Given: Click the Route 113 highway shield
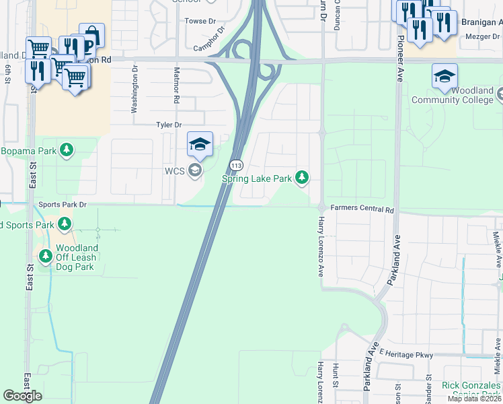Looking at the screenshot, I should coord(235,165).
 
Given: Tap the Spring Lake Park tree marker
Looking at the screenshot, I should coord(303,178).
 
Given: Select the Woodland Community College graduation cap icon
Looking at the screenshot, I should coord(444,76).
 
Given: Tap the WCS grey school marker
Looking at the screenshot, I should coord(194,170).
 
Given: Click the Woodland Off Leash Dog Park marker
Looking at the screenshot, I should coord(46,256).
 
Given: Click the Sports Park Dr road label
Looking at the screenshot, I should coord(63,204).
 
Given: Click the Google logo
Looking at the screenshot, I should coord(22,396).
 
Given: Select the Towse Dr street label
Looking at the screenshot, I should coord(200,22).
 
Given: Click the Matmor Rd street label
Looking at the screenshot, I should coord(176,83).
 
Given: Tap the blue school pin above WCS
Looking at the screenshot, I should coord(200,143).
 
